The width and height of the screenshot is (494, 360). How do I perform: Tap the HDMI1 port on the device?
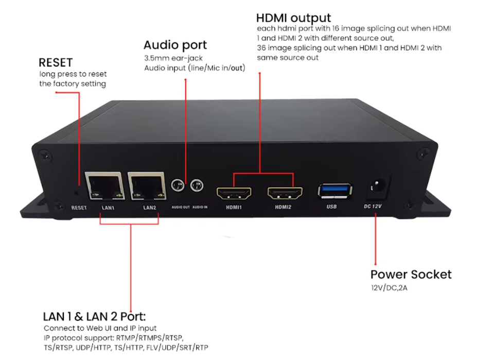234,194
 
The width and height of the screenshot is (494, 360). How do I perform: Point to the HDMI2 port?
285,194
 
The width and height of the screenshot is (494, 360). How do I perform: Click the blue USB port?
336,191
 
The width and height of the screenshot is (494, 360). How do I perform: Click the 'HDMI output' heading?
293,19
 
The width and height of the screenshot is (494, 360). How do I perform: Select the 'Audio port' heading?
175,45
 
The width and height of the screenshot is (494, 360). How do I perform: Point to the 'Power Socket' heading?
411,274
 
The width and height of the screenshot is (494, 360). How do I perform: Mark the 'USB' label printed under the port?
332,207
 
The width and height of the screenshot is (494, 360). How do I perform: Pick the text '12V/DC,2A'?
390,287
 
